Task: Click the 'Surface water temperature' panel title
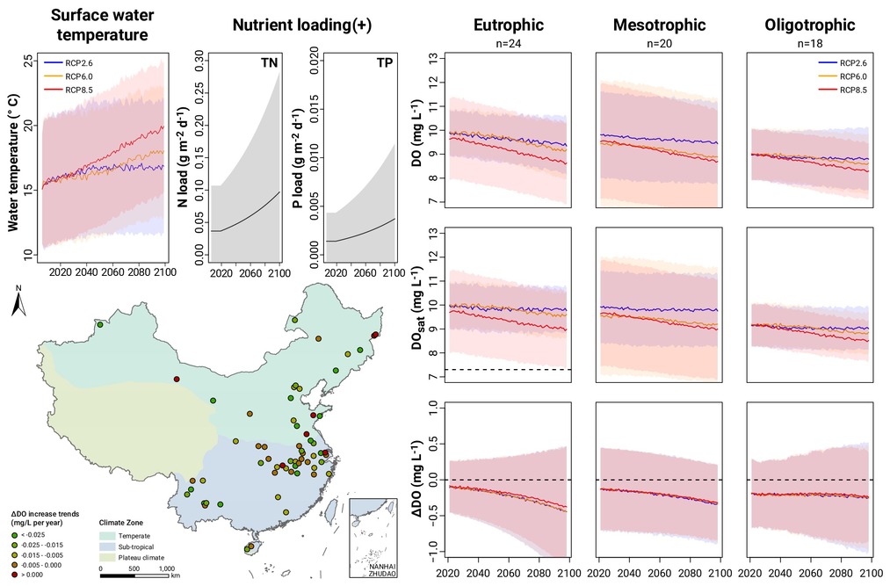(102, 24)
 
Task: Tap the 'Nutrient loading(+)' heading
(302, 25)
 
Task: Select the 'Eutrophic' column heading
(509, 25)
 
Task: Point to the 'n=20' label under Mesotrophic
(659, 43)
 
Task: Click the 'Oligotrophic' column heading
(810, 25)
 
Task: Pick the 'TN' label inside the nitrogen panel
(270, 63)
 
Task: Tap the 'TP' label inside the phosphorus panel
(384, 63)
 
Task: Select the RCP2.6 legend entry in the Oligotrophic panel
(843, 63)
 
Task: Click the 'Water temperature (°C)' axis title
(14, 163)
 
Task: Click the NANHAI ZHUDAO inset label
(375, 570)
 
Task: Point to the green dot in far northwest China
(100, 325)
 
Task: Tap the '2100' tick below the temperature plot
(165, 272)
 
